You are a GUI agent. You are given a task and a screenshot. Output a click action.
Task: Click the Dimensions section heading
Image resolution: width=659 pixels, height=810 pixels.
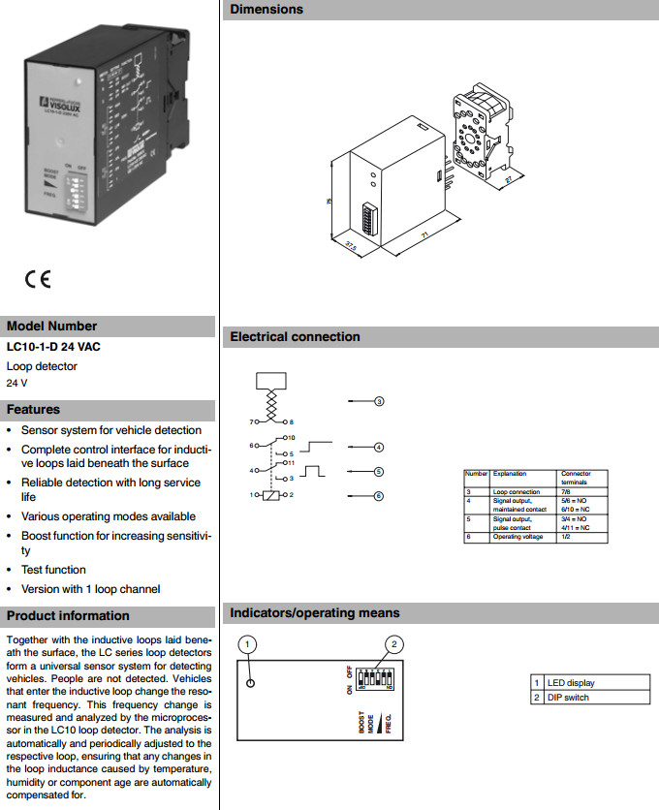[x=267, y=10]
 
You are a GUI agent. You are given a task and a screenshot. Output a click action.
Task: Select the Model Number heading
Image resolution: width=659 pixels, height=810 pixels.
[x=51, y=327]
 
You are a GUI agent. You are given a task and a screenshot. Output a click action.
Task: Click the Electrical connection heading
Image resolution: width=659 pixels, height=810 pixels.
[x=295, y=337]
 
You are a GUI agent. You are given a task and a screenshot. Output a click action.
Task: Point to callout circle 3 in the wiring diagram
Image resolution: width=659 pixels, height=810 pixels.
[x=380, y=401]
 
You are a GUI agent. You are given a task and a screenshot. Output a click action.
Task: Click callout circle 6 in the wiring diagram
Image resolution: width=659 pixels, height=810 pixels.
[x=380, y=496]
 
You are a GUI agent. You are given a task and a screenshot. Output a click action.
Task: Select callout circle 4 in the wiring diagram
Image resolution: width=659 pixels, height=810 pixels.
[x=380, y=448]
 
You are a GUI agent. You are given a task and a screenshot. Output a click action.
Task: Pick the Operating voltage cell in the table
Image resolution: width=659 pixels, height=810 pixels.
[x=518, y=537]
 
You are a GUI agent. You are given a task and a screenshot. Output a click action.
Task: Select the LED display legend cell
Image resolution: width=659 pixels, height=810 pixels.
[x=572, y=683]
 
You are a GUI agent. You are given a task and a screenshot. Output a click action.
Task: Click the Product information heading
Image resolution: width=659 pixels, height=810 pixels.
[x=68, y=616]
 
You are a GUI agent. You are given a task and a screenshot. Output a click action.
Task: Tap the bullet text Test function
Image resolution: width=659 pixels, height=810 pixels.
[x=53, y=570]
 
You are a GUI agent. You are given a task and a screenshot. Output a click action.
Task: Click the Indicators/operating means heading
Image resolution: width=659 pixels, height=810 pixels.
[x=314, y=613]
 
